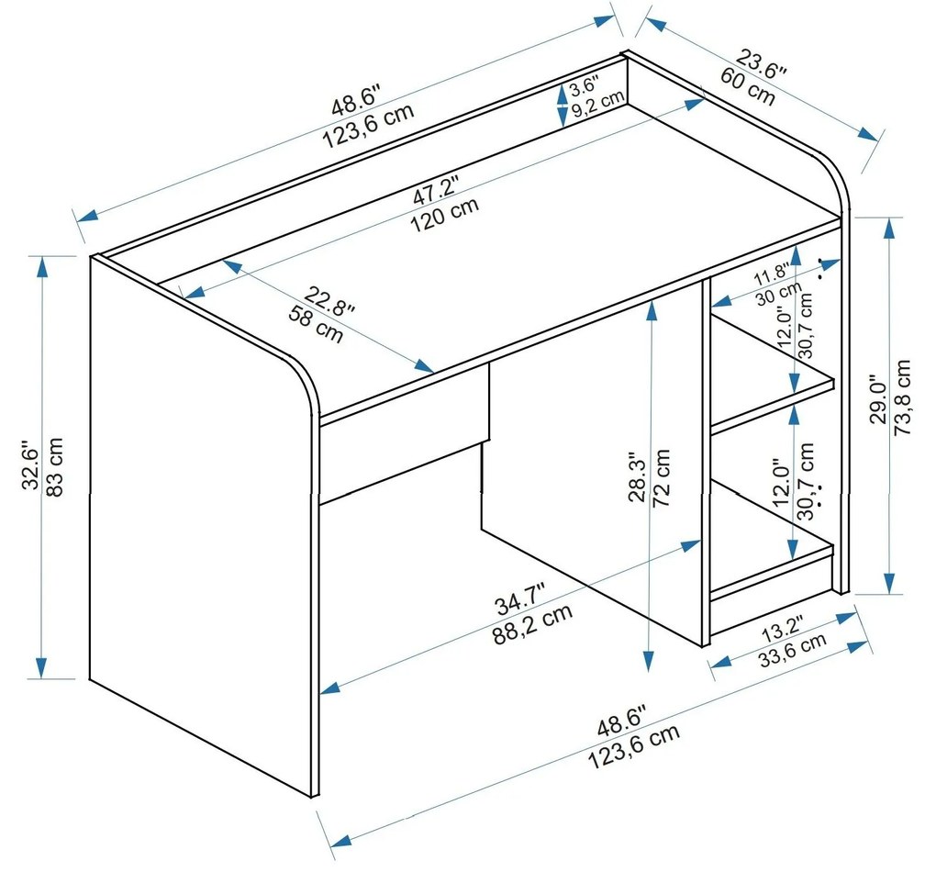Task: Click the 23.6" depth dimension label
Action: point(761,64)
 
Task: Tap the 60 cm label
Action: point(747,86)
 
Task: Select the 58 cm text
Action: point(317,324)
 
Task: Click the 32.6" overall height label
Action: point(30,466)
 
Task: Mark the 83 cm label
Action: point(54,467)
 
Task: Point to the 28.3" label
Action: point(638,480)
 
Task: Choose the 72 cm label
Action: point(662,478)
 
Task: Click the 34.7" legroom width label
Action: point(520,601)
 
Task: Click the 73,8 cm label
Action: point(902,397)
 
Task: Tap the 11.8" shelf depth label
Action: point(771,274)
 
